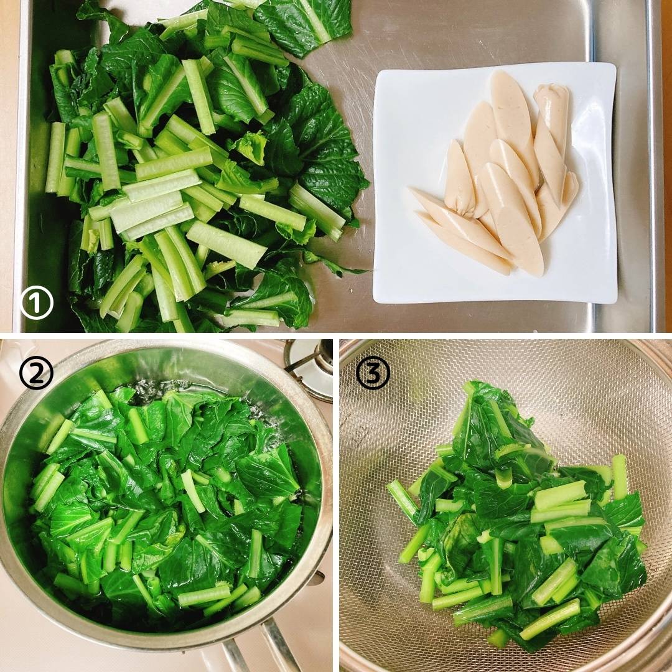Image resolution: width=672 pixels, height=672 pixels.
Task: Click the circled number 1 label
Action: [x=37, y=302]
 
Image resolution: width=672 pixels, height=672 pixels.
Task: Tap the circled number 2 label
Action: [x=37, y=373]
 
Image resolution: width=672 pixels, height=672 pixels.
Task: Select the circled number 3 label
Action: [x=373, y=373]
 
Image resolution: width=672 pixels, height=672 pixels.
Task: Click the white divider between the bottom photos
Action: [x=336, y=506]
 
